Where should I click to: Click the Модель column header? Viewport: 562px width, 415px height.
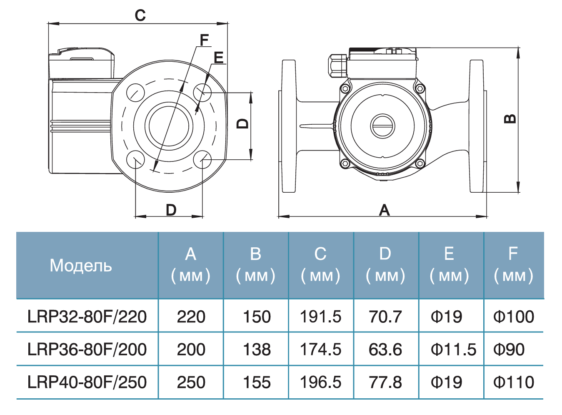(81, 266)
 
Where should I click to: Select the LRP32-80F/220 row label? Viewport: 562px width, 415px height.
(87, 317)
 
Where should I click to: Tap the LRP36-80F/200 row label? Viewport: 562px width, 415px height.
(87, 350)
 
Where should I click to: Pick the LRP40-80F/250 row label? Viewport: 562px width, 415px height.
(87, 382)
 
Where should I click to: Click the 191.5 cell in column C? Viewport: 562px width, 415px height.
(320, 317)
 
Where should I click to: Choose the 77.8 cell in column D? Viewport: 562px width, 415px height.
(385, 382)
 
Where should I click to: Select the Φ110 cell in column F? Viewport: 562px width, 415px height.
(513, 382)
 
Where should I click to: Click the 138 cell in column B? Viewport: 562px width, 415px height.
(257, 350)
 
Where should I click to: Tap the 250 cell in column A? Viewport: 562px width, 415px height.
(191, 382)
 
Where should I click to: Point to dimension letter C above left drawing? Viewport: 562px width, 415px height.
(140, 15)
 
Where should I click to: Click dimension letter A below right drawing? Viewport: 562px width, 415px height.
(384, 210)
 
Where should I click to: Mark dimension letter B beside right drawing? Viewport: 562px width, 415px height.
(510, 119)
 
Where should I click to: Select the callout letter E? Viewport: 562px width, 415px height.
(218, 58)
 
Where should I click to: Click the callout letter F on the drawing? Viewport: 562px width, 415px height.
(204, 40)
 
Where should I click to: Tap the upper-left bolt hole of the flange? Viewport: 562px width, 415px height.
(135, 92)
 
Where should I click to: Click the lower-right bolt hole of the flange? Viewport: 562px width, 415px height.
(202, 160)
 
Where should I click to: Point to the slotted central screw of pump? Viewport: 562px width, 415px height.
(382, 125)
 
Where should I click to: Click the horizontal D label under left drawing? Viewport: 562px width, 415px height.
(171, 210)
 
